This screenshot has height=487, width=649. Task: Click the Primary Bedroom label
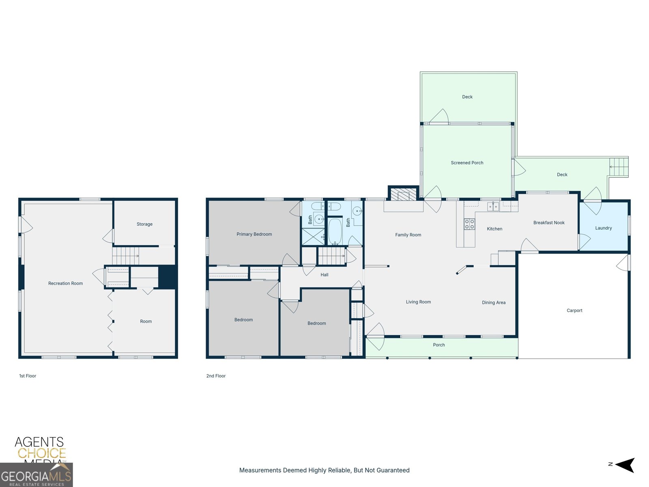coord(254,234)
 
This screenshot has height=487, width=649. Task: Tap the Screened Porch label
coord(467,163)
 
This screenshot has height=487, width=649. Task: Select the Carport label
coord(574,310)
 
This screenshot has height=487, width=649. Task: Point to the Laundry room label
coord(603,228)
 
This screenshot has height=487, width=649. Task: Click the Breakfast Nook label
coord(549,223)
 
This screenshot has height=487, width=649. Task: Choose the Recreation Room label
coord(65,283)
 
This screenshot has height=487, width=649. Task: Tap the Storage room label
coord(144,224)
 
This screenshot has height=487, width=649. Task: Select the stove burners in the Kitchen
coord(469,224)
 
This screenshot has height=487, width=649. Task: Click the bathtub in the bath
coord(335,231)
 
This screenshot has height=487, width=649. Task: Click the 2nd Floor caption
coord(216,376)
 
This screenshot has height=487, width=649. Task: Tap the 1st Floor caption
coord(28,376)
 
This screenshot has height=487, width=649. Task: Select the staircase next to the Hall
coord(331,256)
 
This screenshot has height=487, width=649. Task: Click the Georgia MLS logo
coord(36,475)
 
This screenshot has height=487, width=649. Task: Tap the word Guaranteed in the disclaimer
coord(393,470)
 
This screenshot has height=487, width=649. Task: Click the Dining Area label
coord(494,302)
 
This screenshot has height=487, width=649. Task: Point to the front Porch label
coord(439,345)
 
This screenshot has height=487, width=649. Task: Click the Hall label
coord(324,275)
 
